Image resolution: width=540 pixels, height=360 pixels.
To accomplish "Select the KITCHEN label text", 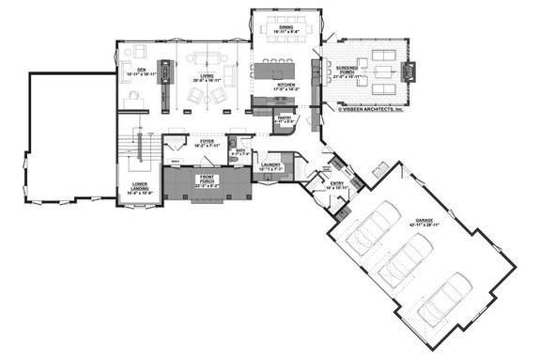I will click(288, 86).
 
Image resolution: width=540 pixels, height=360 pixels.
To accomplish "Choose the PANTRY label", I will click(285, 118).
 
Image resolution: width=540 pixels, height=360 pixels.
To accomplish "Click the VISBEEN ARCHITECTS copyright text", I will click(371, 108).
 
